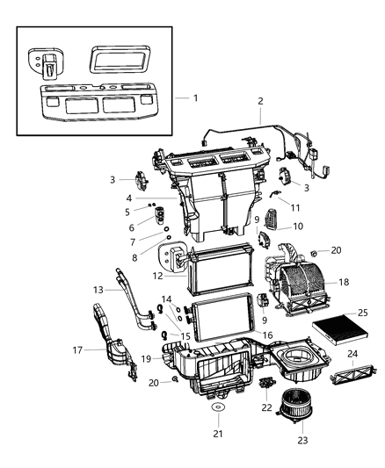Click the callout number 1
[195, 97]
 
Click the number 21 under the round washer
[217, 435]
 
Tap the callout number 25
[362, 313]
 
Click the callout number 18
[344, 283]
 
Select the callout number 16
[267, 335]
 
